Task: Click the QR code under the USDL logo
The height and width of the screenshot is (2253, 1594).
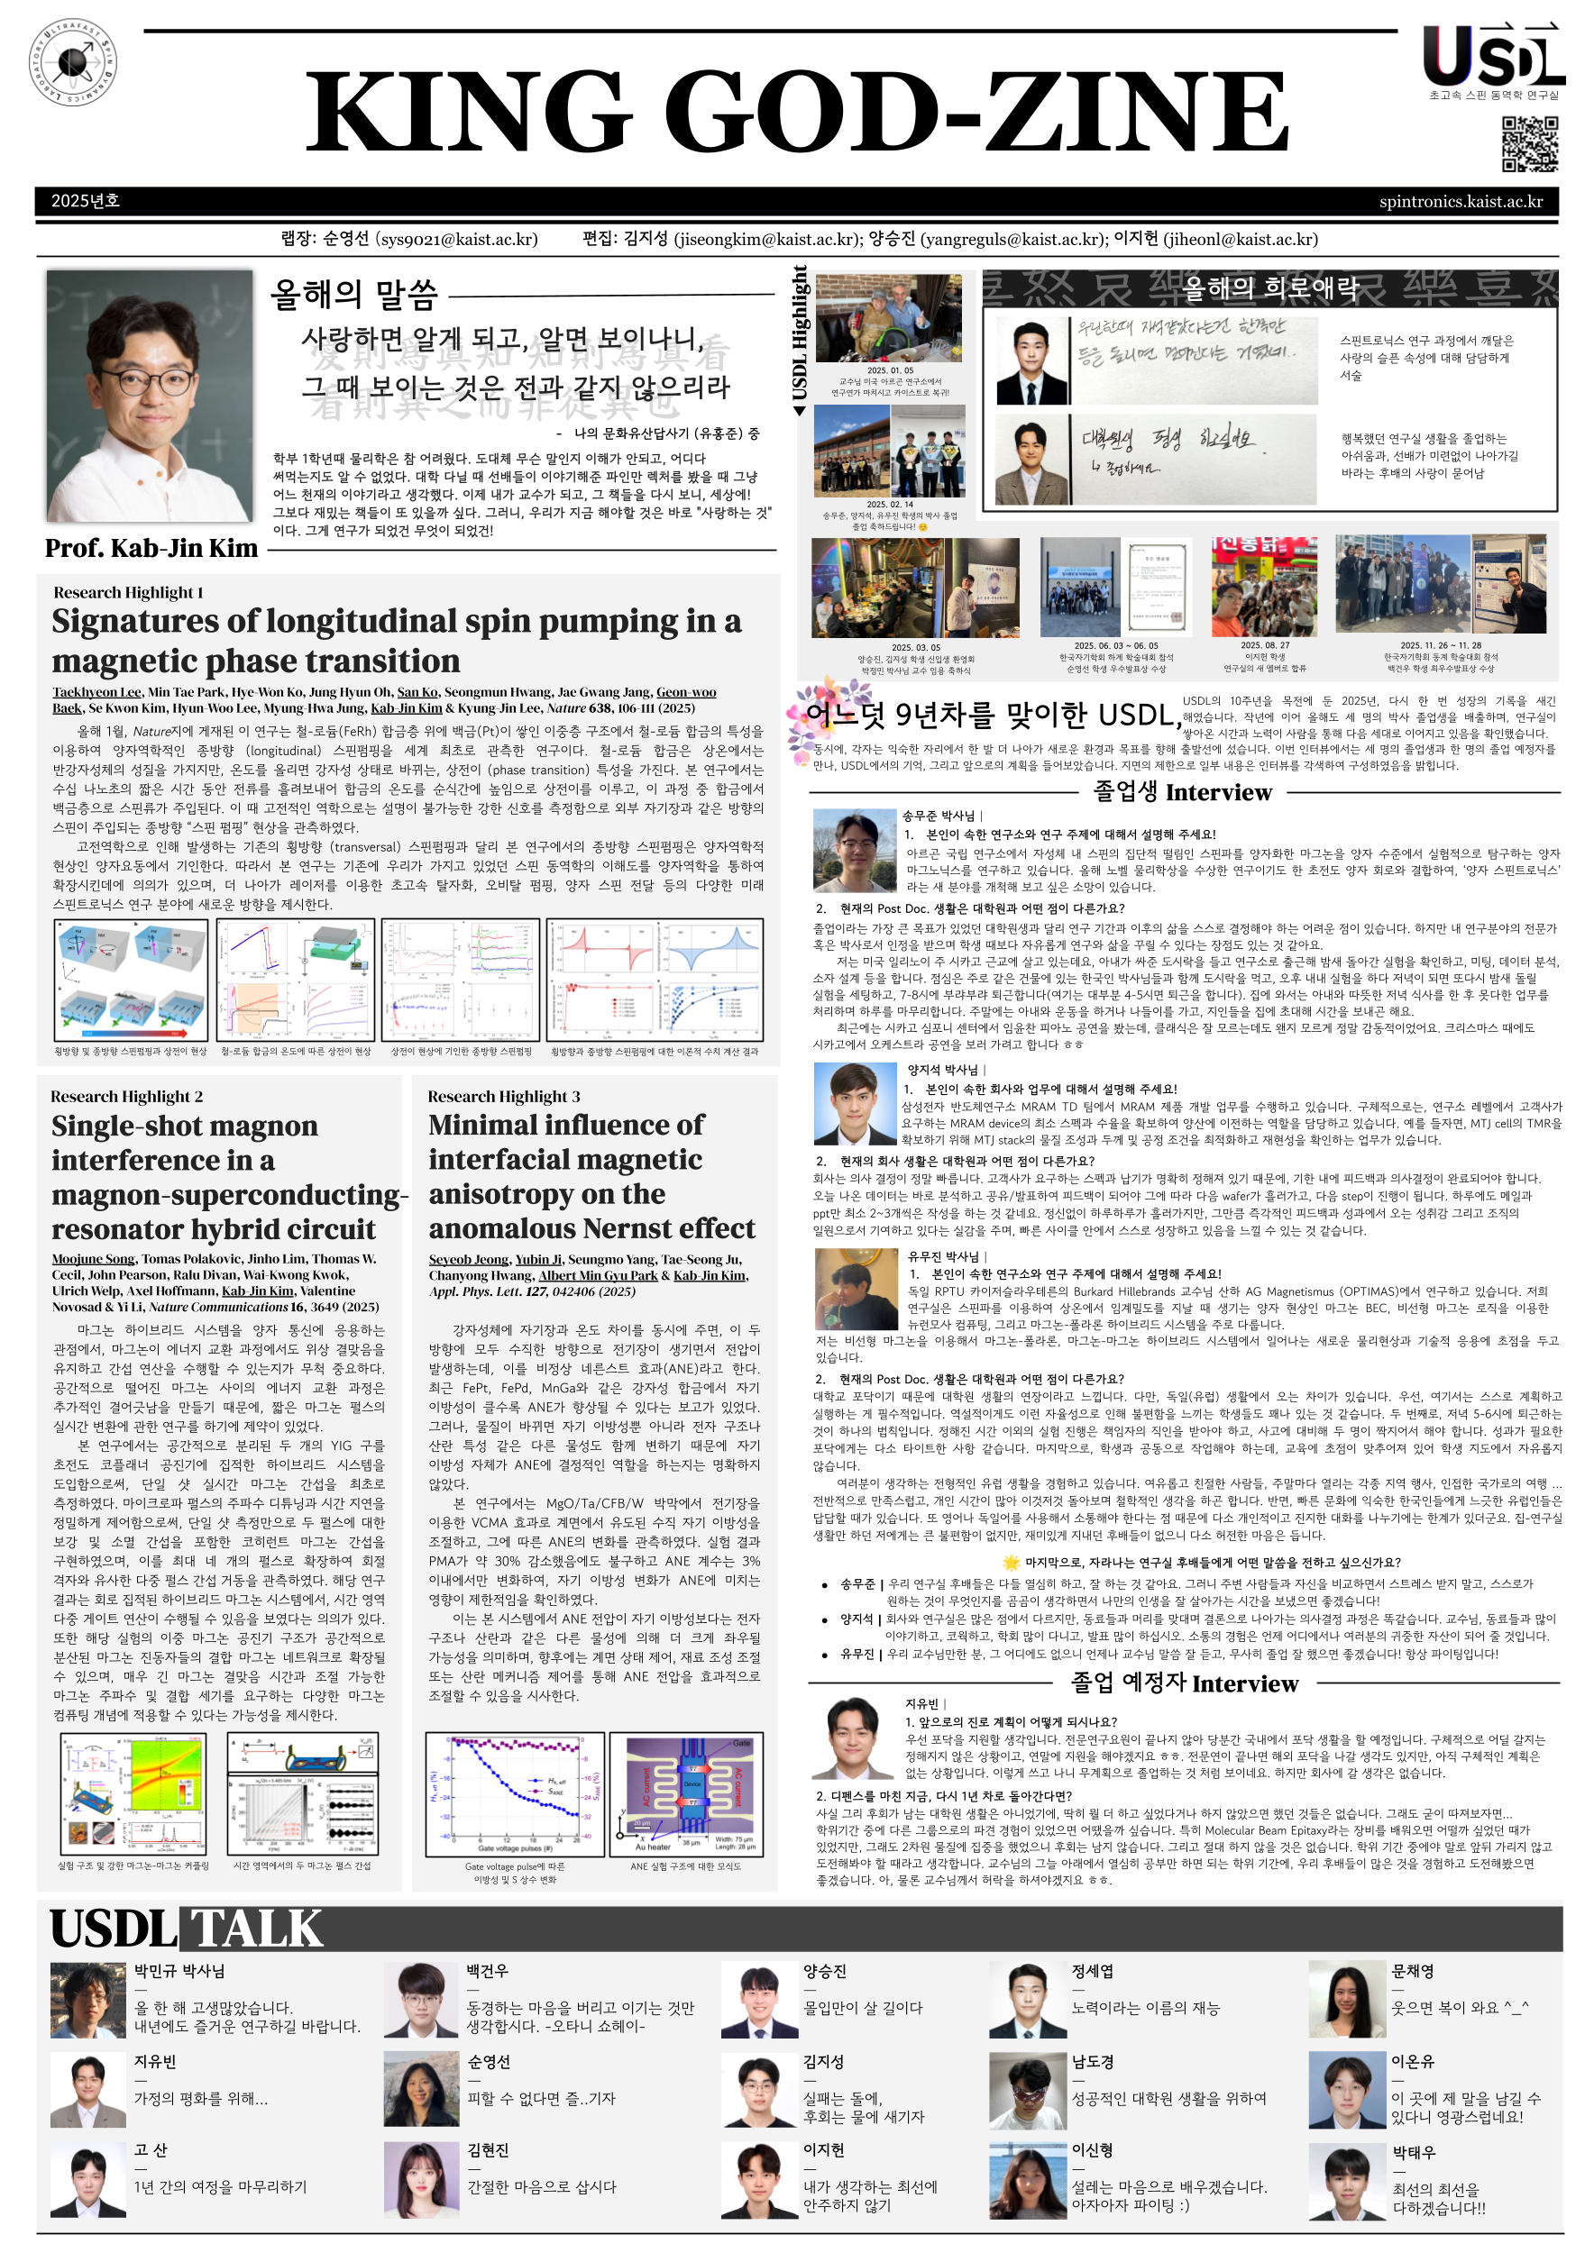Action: tap(1529, 144)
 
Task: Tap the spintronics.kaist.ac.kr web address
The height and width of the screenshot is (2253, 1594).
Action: tap(1461, 201)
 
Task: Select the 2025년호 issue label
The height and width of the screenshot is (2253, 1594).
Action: tap(86, 201)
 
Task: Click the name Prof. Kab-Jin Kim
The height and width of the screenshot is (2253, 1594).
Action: tap(151, 548)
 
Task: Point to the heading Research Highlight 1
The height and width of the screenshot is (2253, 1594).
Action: tap(129, 592)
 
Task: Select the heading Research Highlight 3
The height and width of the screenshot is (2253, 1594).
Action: tap(503, 1096)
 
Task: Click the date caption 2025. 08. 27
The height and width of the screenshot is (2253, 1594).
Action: tap(1264, 645)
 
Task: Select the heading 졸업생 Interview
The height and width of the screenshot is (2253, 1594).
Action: tap(1182, 792)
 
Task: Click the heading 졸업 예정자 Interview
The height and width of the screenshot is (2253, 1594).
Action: tap(1184, 1683)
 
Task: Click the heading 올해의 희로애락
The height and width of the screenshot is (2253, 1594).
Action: tap(1270, 287)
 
